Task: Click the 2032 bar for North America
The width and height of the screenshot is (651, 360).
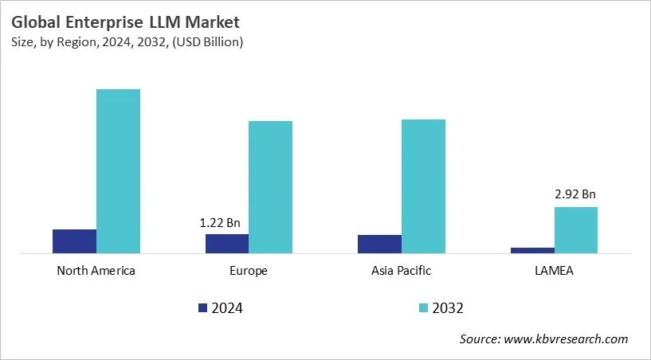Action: click(x=118, y=171)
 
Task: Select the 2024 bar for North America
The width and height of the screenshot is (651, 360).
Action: click(x=74, y=241)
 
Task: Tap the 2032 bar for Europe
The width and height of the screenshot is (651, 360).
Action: click(x=270, y=187)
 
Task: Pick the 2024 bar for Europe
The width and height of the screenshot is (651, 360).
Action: click(x=227, y=244)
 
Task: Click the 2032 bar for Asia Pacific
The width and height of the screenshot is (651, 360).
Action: click(x=423, y=186)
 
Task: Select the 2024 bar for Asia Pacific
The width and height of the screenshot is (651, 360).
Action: click(x=379, y=245)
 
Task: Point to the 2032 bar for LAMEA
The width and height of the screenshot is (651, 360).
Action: click(x=575, y=230)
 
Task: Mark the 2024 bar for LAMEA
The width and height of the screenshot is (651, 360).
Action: click(x=532, y=250)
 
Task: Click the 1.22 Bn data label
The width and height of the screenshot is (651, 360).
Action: click(x=220, y=223)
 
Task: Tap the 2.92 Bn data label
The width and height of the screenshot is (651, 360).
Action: click(x=575, y=194)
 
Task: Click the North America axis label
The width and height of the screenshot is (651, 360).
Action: click(x=96, y=271)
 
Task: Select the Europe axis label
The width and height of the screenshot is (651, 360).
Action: click(x=249, y=271)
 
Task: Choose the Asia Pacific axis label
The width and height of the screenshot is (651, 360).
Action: click(x=401, y=271)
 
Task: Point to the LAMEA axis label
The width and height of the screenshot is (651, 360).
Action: click(x=554, y=271)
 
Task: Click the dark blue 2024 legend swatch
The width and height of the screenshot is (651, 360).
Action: click(x=202, y=307)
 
